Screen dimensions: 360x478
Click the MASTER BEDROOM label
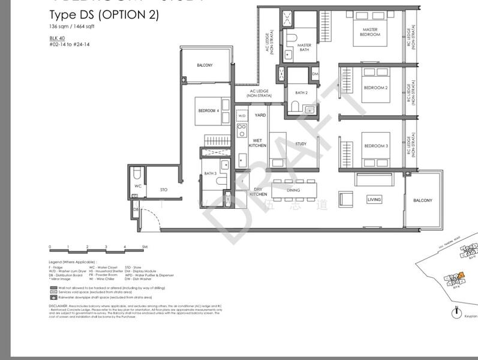pyautogui.click(x=369, y=32)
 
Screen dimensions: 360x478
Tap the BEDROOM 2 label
pyautogui.click(x=375, y=88)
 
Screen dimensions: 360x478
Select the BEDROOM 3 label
pyautogui.click(x=375, y=146)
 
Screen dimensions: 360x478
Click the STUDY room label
pyautogui.click(x=300, y=144)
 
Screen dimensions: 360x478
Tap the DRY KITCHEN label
pyautogui.click(x=258, y=192)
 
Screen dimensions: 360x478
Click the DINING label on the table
pyautogui.click(x=293, y=191)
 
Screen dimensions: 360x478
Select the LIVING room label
pyautogui.click(x=374, y=199)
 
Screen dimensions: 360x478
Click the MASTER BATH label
pyautogui.click(x=304, y=47)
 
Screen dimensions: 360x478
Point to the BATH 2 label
pyautogui.click(x=301, y=93)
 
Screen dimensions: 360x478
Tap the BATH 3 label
pyautogui.click(x=210, y=173)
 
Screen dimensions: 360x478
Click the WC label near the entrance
pyautogui.click(x=137, y=186)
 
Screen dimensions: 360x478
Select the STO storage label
pyautogui.click(x=163, y=190)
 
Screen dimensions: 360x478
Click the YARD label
pyautogui.click(x=260, y=115)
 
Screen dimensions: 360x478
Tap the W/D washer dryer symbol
pyautogui.click(x=242, y=115)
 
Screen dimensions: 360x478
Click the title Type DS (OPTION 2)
pyautogui.click(x=104, y=15)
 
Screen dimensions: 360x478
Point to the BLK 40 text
pyautogui.click(x=57, y=38)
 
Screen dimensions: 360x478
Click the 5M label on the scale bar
pyautogui.click(x=145, y=247)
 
